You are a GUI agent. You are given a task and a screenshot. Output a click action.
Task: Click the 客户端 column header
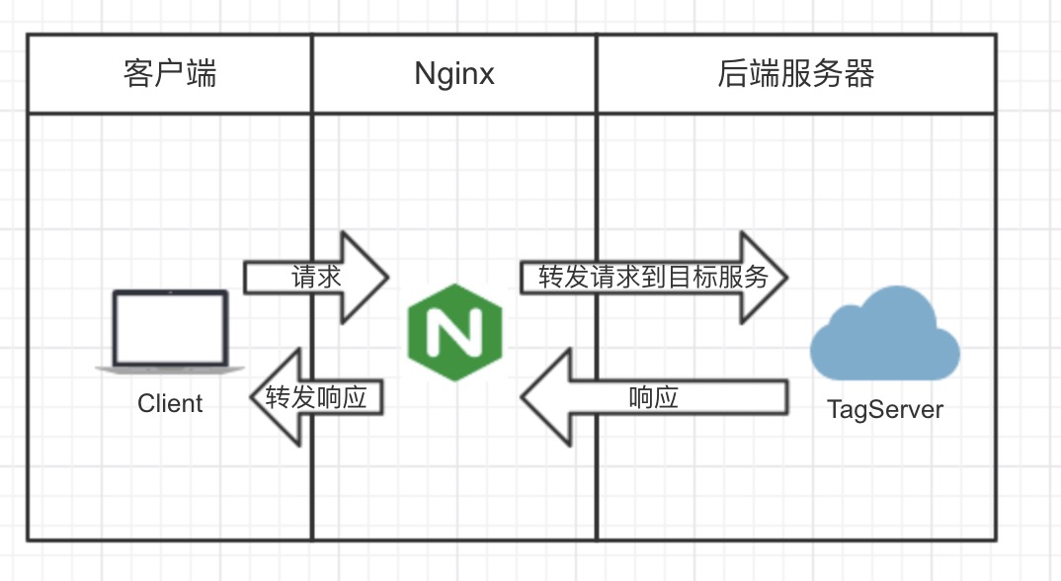pos(170,74)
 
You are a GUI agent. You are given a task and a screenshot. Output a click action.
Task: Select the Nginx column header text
pos(454,74)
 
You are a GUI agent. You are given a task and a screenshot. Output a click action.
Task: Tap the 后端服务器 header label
pos(796,74)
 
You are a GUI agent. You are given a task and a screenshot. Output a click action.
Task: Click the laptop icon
pos(170,332)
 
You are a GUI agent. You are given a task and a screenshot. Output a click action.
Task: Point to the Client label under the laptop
pos(170,403)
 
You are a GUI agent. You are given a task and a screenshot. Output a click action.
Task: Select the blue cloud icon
pos(884,333)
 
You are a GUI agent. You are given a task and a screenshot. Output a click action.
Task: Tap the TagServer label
pos(884,409)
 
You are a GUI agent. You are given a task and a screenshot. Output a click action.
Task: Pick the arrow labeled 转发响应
pos(316,397)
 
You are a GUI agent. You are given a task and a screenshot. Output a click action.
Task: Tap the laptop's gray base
pos(170,368)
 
